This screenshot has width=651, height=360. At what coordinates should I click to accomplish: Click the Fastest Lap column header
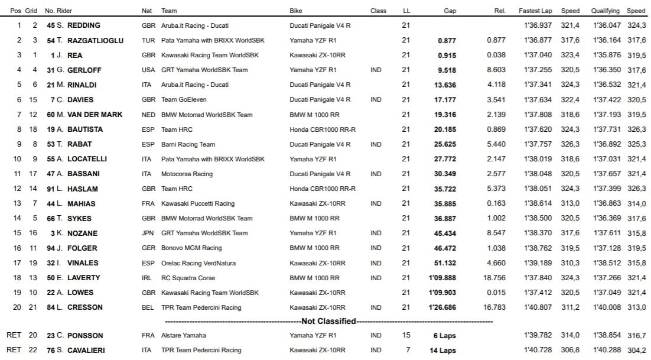(536, 11)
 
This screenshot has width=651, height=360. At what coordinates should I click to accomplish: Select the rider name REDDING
(84, 25)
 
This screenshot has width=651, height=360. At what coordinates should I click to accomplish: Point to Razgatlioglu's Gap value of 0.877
(447, 40)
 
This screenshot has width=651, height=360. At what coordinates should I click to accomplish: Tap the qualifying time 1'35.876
(605, 55)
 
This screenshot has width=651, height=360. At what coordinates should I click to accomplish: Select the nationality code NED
(148, 115)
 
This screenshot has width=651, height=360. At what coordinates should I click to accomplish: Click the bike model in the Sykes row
(314, 218)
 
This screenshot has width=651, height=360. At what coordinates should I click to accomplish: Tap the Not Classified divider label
(328, 321)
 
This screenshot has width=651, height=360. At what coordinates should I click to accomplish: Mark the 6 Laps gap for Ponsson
(444, 335)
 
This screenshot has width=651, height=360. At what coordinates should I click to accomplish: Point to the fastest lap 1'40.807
(537, 307)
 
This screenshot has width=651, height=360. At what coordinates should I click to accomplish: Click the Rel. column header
(499, 11)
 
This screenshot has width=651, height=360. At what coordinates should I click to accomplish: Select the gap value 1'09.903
(442, 293)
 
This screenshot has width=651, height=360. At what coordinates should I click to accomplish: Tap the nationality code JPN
(148, 233)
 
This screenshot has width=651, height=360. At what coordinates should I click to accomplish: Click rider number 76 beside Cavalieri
(52, 350)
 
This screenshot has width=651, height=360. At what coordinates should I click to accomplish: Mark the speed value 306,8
(570, 350)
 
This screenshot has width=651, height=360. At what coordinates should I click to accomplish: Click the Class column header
(378, 11)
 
